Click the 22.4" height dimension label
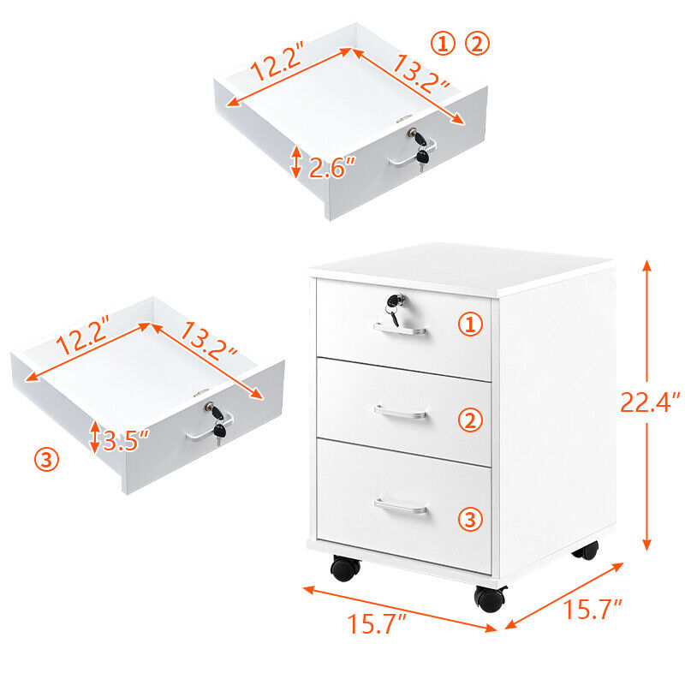[650, 402]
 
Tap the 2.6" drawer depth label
[332, 168]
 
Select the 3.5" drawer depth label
[125, 441]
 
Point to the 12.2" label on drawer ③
[81, 336]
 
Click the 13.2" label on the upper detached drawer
[420, 73]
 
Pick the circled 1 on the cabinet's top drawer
[470, 325]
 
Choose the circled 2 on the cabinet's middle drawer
[470, 420]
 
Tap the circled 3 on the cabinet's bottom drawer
[470, 520]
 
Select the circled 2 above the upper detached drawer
[477, 44]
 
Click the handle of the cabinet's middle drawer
[401, 413]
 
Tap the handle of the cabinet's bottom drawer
[401, 506]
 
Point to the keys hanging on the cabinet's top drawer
[394, 308]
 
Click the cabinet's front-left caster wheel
[346, 569]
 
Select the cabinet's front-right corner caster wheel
[490, 599]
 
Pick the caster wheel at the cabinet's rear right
[587, 551]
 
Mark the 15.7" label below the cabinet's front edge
[377, 623]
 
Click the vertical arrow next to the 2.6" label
[296, 162]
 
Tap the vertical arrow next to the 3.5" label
[95, 437]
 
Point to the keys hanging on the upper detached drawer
[420, 148]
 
